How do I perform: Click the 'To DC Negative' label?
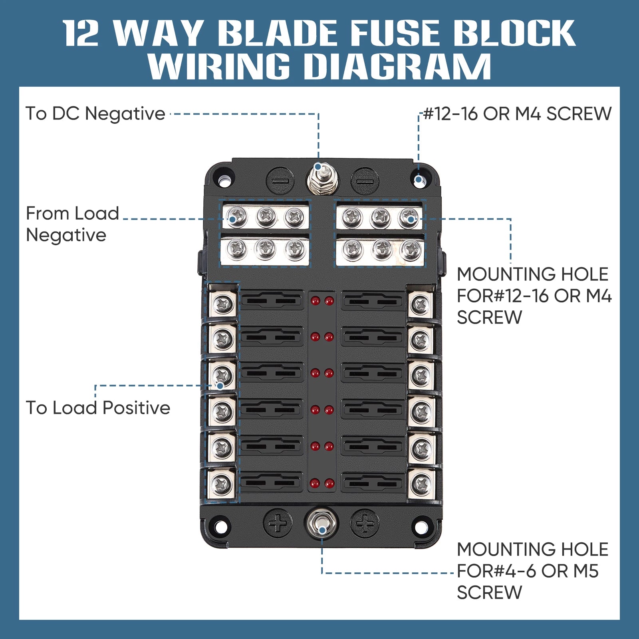pos(95,113)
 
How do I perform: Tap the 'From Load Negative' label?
pos(72,224)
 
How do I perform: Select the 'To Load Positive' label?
pos(98,408)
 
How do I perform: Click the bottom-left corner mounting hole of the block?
pos(220,526)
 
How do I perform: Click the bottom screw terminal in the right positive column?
pos(421,484)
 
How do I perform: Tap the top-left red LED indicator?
pos(315,300)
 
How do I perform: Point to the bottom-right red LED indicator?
pos(329,484)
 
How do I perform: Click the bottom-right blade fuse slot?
pos(373,483)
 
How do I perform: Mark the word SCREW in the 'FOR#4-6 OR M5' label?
pos(489,592)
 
